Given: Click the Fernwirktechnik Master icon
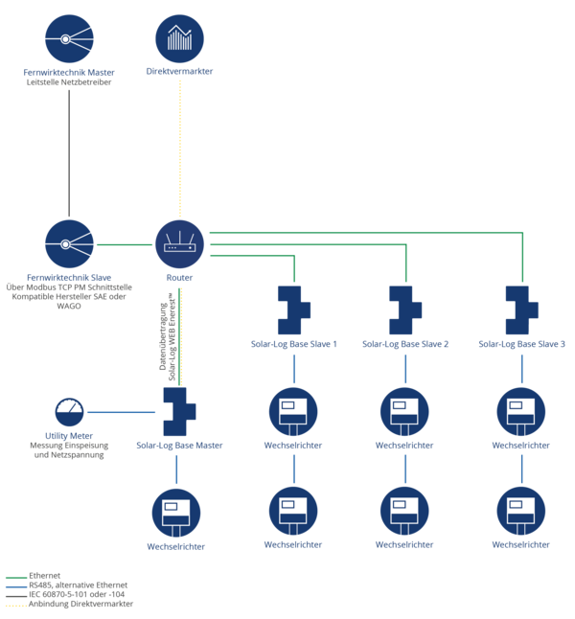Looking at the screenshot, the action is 69,38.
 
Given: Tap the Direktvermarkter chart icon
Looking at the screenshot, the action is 180,38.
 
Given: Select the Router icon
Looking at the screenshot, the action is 180,244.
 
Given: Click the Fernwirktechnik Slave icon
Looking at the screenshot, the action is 69,244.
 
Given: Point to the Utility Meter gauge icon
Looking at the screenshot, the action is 69,412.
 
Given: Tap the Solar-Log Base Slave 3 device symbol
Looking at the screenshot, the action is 520,310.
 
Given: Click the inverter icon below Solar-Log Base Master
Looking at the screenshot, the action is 176,513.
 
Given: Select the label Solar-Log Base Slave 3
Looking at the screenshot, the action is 521,344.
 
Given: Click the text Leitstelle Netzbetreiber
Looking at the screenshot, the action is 69,82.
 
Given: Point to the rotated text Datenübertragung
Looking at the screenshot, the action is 163,336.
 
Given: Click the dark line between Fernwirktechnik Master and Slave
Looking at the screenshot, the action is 69,153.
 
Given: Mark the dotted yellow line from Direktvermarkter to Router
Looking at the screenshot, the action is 180,149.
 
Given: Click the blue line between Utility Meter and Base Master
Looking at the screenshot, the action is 122,412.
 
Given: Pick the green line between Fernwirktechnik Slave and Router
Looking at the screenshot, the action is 125,244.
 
